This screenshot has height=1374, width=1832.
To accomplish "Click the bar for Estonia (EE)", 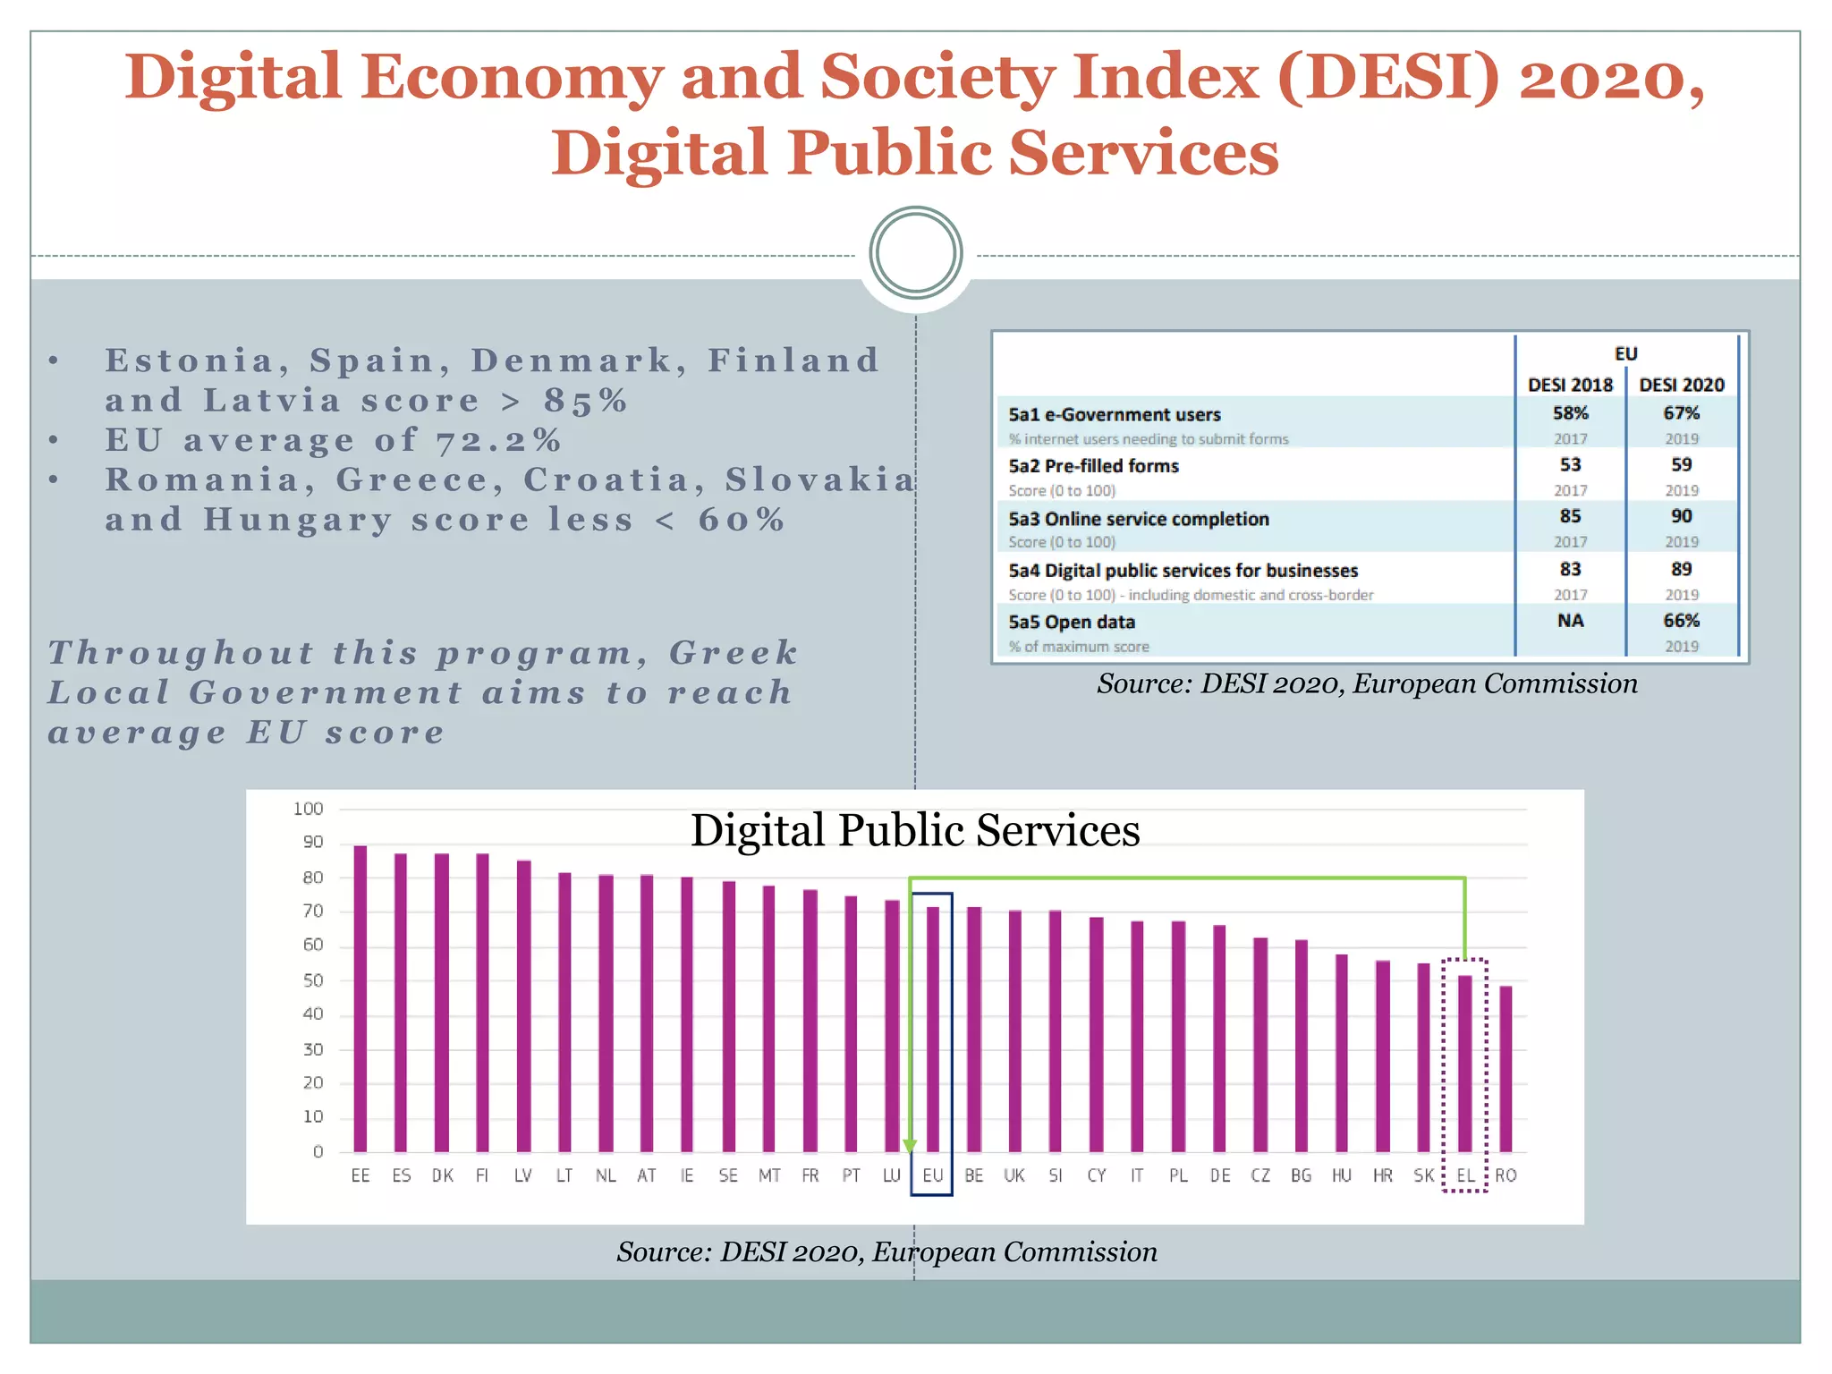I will pyautogui.click(x=360, y=997).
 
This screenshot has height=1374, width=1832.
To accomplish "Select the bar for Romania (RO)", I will pyautogui.click(x=1505, y=1068).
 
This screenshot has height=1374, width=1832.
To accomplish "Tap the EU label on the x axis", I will pyautogui.click(x=932, y=1175).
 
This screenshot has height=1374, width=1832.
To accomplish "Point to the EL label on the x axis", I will pyautogui.click(x=1465, y=1175).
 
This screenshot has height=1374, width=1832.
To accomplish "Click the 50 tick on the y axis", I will pyautogui.click(x=312, y=980).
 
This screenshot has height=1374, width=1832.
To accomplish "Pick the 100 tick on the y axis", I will pyautogui.click(x=308, y=809).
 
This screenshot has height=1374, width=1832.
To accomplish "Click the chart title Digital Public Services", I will pyautogui.click(x=914, y=830).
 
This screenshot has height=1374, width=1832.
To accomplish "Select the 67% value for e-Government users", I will pyautogui.click(x=1681, y=413).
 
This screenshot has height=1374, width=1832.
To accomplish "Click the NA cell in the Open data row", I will pyautogui.click(x=1570, y=621).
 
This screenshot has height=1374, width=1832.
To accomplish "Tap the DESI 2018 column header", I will pyautogui.click(x=1570, y=385).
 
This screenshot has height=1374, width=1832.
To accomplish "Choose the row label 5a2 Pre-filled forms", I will pyautogui.click(x=1093, y=466).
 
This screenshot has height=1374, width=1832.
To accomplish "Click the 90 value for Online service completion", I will pyautogui.click(x=1681, y=516).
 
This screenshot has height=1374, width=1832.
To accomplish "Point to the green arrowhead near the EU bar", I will pyautogui.click(x=910, y=1146).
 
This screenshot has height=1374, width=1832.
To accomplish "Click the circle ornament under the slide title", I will pyautogui.click(x=915, y=253).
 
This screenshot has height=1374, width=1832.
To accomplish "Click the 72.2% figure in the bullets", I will pyautogui.click(x=499, y=440).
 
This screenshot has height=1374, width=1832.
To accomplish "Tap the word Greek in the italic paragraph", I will pyautogui.click(x=734, y=652).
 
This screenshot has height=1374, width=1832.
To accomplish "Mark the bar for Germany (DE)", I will pyautogui.click(x=1219, y=1038).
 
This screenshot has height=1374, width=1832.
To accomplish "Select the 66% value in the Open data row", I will pyautogui.click(x=1681, y=621).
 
